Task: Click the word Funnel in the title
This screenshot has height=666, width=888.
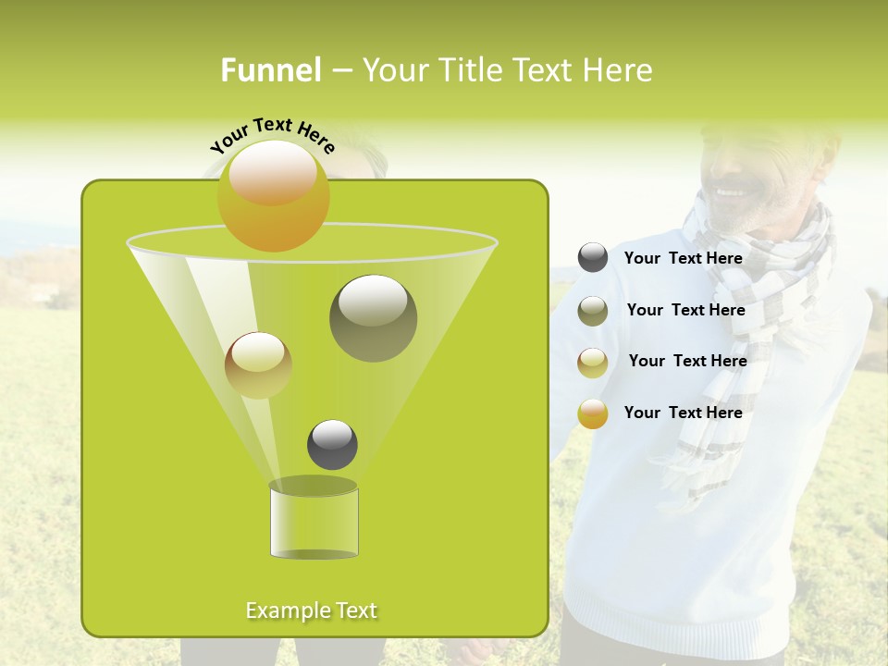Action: click(270, 70)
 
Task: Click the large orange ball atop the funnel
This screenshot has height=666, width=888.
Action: click(274, 196)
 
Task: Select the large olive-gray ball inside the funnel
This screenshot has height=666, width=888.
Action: click(373, 318)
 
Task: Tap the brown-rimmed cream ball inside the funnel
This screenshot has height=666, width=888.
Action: click(259, 365)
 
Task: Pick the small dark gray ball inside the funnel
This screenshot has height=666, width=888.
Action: click(332, 445)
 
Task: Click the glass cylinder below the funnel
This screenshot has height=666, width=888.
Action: click(314, 523)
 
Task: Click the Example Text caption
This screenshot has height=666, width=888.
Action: click(312, 610)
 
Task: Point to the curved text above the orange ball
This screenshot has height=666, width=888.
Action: click(272, 135)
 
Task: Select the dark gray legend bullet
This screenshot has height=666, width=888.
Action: click(593, 258)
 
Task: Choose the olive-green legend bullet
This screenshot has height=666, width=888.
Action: click(593, 311)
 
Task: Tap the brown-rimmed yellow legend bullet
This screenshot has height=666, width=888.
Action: click(593, 362)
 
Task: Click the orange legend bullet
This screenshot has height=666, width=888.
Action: click(593, 413)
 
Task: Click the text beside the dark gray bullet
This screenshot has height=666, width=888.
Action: click(684, 258)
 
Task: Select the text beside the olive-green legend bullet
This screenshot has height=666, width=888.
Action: click(685, 310)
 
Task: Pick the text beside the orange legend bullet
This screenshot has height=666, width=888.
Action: click(684, 413)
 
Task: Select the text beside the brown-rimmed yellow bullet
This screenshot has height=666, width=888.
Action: click(687, 361)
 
